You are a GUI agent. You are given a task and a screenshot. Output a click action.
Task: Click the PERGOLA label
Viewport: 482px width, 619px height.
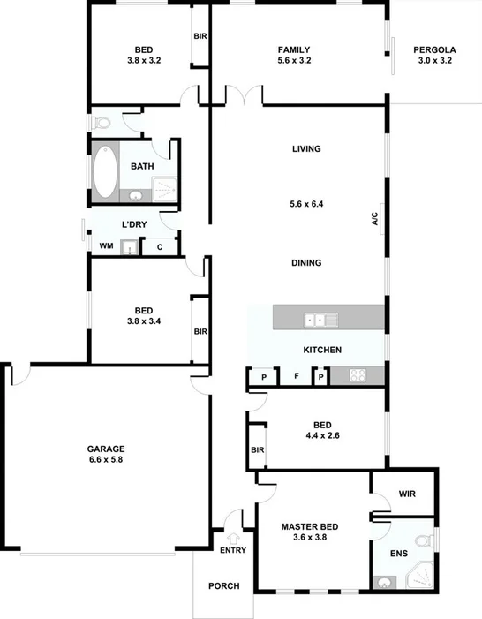433,49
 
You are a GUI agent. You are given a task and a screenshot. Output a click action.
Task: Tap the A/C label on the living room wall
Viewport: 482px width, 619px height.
374,217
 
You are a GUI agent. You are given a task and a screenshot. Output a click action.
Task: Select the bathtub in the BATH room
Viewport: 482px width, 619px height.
104,171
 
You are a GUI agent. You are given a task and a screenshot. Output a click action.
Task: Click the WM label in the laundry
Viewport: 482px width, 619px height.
106,246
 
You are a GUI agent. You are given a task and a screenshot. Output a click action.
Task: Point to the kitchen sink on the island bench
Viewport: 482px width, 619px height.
315,318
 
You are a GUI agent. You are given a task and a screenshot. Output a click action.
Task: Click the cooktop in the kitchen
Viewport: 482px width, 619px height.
358,375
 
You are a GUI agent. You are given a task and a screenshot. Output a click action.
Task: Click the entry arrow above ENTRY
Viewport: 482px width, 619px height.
233,537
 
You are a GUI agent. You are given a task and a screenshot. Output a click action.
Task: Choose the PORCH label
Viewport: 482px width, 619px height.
223,586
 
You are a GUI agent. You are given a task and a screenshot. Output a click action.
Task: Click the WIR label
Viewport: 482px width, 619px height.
407,494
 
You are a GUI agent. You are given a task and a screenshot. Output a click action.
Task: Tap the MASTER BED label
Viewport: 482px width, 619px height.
310,527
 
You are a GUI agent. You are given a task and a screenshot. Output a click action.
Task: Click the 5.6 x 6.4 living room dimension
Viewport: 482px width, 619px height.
306,204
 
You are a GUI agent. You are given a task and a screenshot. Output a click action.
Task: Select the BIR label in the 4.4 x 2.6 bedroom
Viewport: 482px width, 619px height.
258,450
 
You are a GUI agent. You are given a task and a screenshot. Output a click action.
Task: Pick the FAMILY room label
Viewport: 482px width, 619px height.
294,49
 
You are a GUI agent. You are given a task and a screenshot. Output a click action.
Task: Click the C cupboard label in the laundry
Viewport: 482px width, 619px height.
160,247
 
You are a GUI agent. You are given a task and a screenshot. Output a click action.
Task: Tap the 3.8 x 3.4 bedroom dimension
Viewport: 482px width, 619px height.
144,323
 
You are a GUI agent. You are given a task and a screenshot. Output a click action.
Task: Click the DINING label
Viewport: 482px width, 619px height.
306,263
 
